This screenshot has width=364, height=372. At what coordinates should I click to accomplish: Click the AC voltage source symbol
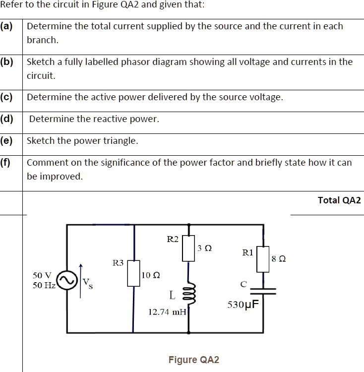coord(66,280)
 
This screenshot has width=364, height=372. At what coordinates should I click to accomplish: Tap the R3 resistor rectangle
coord(133,273)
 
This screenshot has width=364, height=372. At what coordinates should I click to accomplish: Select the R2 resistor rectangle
coord(188,248)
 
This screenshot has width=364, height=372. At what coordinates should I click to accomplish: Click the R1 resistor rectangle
coord(263,258)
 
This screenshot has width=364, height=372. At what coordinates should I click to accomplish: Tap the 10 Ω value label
coord(151,275)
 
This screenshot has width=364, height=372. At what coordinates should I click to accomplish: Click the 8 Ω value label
coord(279,258)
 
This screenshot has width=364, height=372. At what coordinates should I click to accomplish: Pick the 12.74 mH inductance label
coord(167,311)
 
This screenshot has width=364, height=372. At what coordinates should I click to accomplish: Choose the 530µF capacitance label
coord(243,304)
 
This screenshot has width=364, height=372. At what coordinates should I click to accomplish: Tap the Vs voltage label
coord(88,283)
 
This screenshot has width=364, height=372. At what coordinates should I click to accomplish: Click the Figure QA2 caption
coord(193,360)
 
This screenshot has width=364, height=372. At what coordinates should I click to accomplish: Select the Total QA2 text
coord(339,200)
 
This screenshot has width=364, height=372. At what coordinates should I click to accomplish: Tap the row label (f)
coord(6,163)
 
